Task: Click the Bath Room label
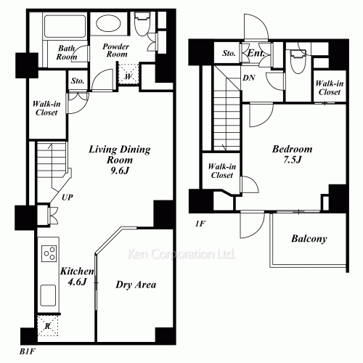[x=67, y=52]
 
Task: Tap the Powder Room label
[x=116, y=50]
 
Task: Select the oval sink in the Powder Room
[x=108, y=23]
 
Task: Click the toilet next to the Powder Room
[x=142, y=24]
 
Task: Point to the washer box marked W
[x=129, y=74]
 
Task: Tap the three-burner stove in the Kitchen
[x=49, y=253]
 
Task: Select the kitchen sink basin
[x=48, y=295]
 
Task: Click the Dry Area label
[x=136, y=285]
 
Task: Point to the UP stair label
[x=67, y=197]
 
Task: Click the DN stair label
[x=249, y=78]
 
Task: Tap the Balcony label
[x=309, y=239]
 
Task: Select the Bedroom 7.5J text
[x=292, y=154]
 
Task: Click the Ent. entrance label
[x=256, y=53]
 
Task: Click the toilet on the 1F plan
[x=298, y=62]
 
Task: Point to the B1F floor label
[x=28, y=352]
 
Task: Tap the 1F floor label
[x=200, y=224]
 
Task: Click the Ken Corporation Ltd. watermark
[x=181, y=254]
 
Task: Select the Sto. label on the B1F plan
[x=78, y=81]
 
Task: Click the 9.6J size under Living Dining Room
[x=120, y=171]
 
